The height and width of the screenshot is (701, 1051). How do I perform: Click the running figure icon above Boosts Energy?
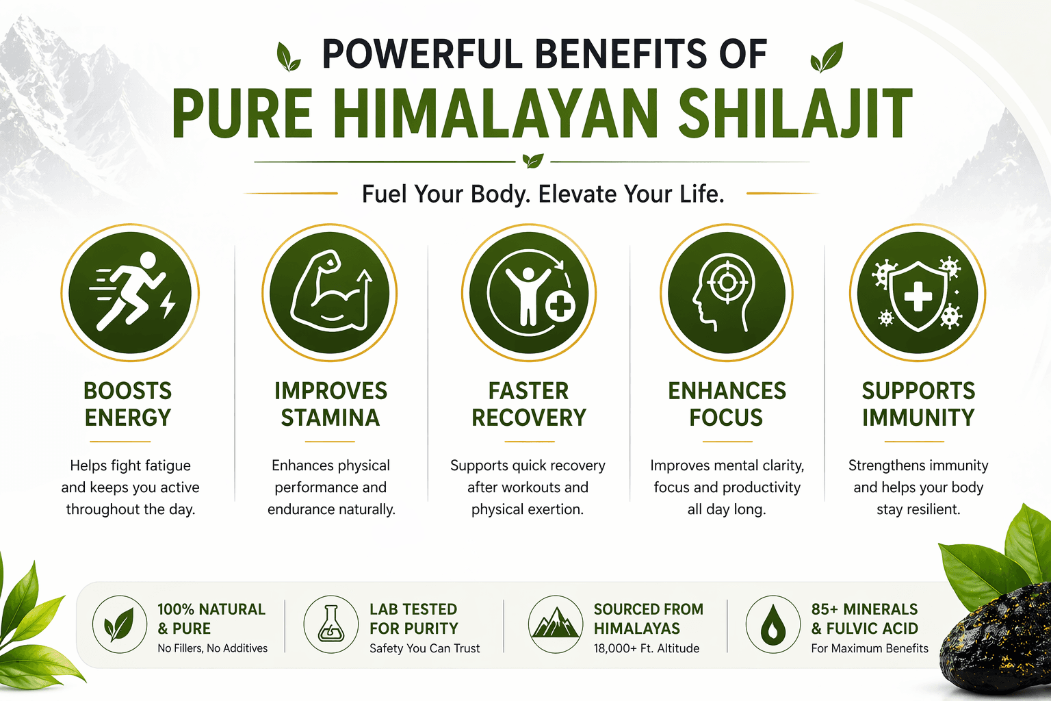pyautogui.click(x=130, y=292)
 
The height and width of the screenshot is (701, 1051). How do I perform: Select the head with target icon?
pyautogui.click(x=727, y=292)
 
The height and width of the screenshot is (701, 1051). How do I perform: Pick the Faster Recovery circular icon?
pyautogui.click(x=529, y=292)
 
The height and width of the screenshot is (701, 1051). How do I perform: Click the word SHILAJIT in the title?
pyautogui.click(x=795, y=114)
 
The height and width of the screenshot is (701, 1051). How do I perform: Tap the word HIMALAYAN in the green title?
pyautogui.click(x=494, y=114)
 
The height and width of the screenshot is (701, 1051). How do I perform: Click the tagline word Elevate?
pyautogui.click(x=577, y=194)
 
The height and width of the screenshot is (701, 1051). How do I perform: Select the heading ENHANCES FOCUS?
pyautogui.click(x=727, y=405)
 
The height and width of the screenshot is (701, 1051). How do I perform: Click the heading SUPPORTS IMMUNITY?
pyautogui.click(x=918, y=405)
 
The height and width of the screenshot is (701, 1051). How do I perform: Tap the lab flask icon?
pyautogui.click(x=330, y=624)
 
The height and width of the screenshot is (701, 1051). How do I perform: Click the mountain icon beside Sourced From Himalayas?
pyautogui.click(x=556, y=624)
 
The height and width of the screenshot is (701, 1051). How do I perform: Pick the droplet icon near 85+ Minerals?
pyautogui.click(x=773, y=624)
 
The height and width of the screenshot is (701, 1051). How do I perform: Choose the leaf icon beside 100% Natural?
pyautogui.click(x=120, y=624)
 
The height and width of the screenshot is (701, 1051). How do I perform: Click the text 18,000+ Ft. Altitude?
pyautogui.click(x=646, y=648)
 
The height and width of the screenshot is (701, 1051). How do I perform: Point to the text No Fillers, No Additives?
pyautogui.click(x=213, y=648)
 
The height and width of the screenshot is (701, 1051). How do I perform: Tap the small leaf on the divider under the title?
pyautogui.click(x=533, y=161)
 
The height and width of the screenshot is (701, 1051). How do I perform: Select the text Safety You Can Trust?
pyautogui.click(x=425, y=648)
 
